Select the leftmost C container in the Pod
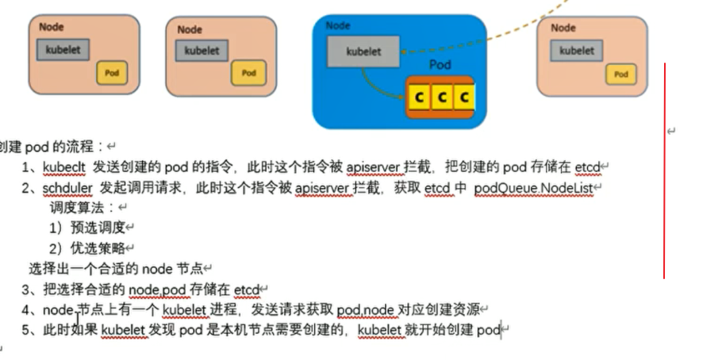pyautogui.click(x=418, y=98)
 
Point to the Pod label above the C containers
pyautogui.click(x=440, y=65)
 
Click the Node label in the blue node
pyautogui.click(x=338, y=26)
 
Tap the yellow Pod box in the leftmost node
pyautogui.click(x=112, y=73)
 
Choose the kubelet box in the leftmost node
pyautogui.click(x=63, y=49)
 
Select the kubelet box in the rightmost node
pyautogui.click(x=576, y=50)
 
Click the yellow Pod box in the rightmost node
pyautogui.click(x=620, y=75)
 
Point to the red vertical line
pyautogui.click(x=664, y=170)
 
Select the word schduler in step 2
pyautogui.click(x=67, y=188)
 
